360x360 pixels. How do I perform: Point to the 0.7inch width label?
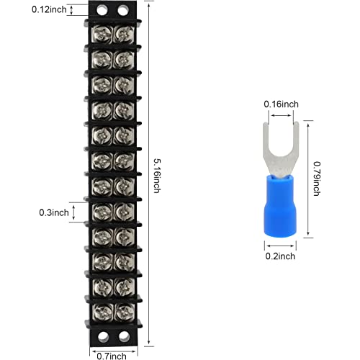(112, 354)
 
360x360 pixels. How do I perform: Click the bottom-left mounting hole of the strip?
(104, 337)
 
